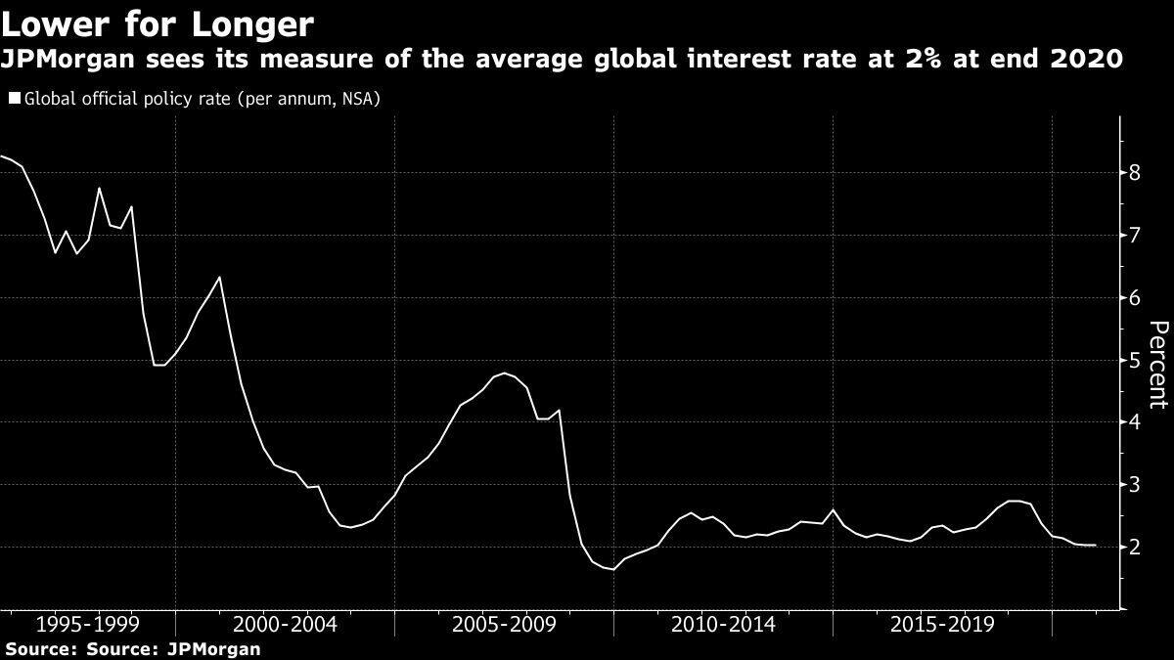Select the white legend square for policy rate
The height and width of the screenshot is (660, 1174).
click(x=14, y=99)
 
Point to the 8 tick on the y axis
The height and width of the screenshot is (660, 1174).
click(x=1135, y=173)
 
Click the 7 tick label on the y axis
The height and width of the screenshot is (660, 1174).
click(x=1135, y=236)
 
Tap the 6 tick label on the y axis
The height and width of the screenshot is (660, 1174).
click(x=1135, y=298)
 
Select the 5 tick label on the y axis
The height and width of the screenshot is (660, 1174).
click(x=1135, y=360)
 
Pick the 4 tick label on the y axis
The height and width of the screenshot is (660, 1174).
click(x=1135, y=422)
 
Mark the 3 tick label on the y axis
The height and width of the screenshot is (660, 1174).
click(x=1135, y=485)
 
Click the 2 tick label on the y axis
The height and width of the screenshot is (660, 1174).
click(x=1135, y=547)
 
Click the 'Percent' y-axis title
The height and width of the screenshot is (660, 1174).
click(x=1158, y=377)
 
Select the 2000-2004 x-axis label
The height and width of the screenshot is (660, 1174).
click(x=286, y=625)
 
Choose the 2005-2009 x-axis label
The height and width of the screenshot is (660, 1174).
click(x=505, y=625)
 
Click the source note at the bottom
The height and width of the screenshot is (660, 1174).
click(x=133, y=648)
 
